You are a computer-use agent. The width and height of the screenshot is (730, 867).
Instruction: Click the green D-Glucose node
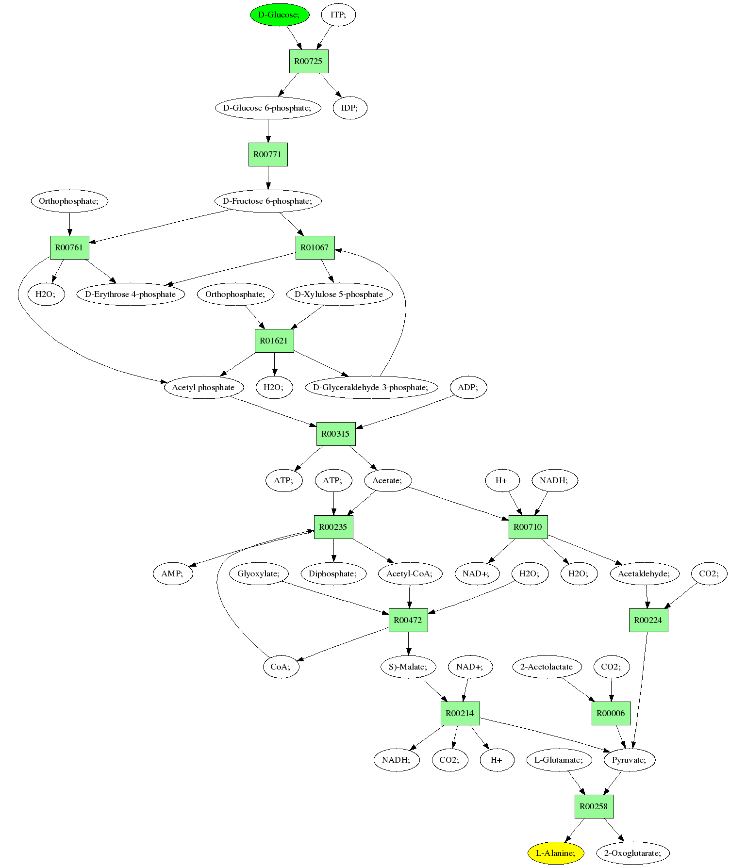[x=280, y=15]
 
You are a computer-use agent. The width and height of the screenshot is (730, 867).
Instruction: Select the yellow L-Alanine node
[x=556, y=853]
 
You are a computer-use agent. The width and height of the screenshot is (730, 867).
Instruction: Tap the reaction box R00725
[x=309, y=61]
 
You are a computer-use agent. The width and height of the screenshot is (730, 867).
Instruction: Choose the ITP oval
[x=338, y=15]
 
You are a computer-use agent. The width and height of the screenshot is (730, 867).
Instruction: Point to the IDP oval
[x=350, y=108]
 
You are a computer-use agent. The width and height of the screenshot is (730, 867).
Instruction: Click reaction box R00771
[x=268, y=154]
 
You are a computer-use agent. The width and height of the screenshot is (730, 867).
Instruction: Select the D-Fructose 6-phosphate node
[x=268, y=201]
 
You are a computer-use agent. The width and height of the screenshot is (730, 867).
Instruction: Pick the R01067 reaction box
[x=315, y=247]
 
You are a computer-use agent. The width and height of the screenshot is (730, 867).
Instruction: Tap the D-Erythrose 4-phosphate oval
[x=131, y=294]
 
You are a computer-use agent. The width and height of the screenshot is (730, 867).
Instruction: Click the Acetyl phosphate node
[x=203, y=387]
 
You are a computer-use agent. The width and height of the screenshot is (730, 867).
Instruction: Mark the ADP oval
[x=468, y=387]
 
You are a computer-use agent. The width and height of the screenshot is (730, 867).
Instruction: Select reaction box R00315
[x=336, y=434]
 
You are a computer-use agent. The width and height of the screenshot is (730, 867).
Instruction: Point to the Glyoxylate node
[x=259, y=573]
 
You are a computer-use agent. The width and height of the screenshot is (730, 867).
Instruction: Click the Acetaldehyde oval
[x=644, y=573]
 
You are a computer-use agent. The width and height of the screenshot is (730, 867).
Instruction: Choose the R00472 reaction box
[x=408, y=620]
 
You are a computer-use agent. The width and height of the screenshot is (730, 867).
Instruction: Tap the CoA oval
[x=281, y=667]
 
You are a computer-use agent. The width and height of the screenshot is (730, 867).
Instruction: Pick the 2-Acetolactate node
[x=547, y=667]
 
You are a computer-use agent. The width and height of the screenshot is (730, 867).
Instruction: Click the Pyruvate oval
[x=630, y=760]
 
